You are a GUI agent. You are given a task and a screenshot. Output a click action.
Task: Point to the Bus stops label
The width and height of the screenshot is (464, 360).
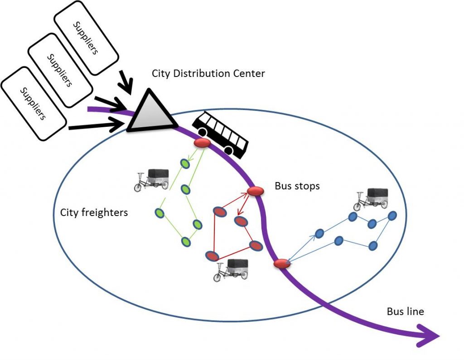click(297, 186)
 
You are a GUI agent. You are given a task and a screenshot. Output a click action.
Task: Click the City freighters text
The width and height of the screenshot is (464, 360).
click(94, 212)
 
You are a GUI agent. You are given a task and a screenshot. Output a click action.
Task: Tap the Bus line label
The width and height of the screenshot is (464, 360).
click(406, 312)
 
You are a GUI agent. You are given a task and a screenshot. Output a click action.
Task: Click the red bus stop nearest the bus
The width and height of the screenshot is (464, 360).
click(202, 144)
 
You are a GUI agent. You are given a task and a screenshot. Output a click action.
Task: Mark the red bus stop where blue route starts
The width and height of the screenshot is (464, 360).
click(282, 264)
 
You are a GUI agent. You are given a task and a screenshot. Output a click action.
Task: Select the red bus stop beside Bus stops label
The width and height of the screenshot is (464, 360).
click(255, 191)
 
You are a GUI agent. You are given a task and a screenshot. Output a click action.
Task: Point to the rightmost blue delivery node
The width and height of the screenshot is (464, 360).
click(392, 215)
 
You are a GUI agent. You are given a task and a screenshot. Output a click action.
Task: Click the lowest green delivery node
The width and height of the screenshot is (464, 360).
click(185, 242)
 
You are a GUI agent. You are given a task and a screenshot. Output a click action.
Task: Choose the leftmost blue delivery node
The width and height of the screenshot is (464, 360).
click(319, 233)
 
